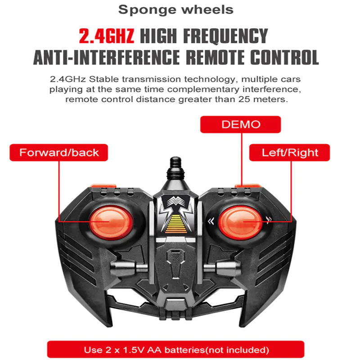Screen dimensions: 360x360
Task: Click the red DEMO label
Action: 241,125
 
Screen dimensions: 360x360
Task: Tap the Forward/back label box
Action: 58,153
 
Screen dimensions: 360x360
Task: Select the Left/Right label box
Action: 290,153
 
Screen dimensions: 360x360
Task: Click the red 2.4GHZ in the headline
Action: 106,36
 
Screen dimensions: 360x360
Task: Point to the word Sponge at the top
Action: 147,9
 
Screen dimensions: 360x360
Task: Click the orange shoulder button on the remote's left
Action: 103,185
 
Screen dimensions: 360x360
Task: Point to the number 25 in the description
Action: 247,99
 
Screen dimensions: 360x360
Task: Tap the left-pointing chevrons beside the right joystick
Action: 210,220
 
